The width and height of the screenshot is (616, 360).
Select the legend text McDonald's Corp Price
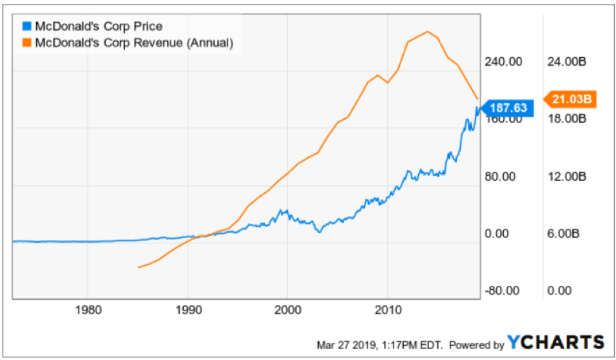click(99, 27)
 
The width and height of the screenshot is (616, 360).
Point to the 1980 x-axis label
click(87, 311)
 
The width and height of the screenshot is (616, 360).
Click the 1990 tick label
click(188, 311)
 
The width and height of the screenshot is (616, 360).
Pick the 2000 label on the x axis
click(288, 311)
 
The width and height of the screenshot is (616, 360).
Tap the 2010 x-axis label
click(388, 311)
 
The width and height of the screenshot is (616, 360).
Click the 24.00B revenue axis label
click(565, 62)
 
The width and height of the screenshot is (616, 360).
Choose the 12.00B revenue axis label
click(565, 176)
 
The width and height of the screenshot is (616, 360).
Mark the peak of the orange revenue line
click(428, 32)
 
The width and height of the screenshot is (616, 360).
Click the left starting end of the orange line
click(138, 267)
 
